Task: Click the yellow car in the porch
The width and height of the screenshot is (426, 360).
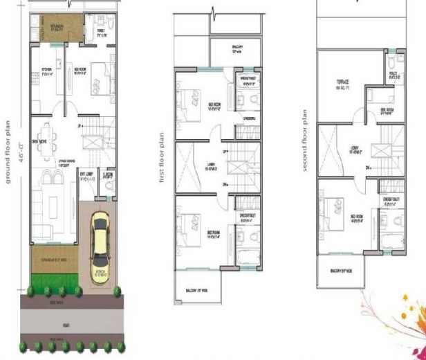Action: tap(101, 245)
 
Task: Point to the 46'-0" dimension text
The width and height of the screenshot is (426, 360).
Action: tap(20, 149)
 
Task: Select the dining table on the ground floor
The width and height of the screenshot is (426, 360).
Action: tap(46, 134)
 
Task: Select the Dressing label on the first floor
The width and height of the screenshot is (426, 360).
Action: tap(248, 118)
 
